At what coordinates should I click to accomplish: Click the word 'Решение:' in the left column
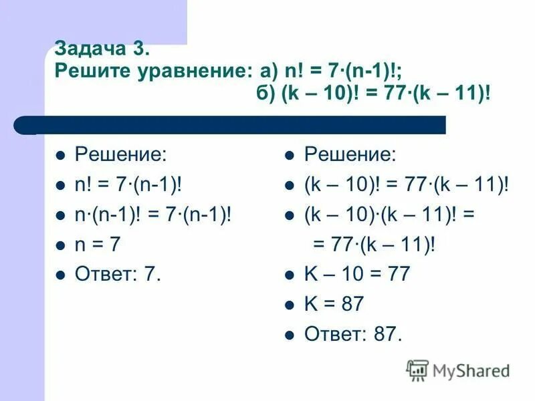pos(121,156)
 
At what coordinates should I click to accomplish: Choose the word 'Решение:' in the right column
pos(350,156)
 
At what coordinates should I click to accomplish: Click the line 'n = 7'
pos(98,245)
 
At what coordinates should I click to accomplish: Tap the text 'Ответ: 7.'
pos(118,274)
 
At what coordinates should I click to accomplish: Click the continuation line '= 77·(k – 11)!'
pos(374,245)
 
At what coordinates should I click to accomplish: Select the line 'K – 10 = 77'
pos(357,274)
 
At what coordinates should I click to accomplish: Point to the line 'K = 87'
pos(334,304)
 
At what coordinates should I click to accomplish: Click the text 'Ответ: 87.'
pos(354,333)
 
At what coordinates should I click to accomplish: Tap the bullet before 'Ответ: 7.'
pos(60,275)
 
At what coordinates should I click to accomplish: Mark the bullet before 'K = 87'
pos(290,305)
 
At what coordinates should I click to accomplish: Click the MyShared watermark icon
pos(417,370)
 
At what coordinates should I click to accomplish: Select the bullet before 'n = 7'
pos(60,245)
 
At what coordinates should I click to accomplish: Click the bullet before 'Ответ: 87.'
pos(290,334)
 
